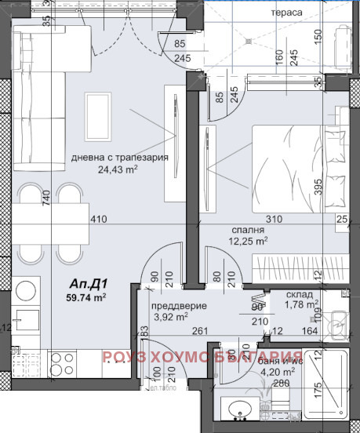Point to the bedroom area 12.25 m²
[249, 242]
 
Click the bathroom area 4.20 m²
[278, 373]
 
